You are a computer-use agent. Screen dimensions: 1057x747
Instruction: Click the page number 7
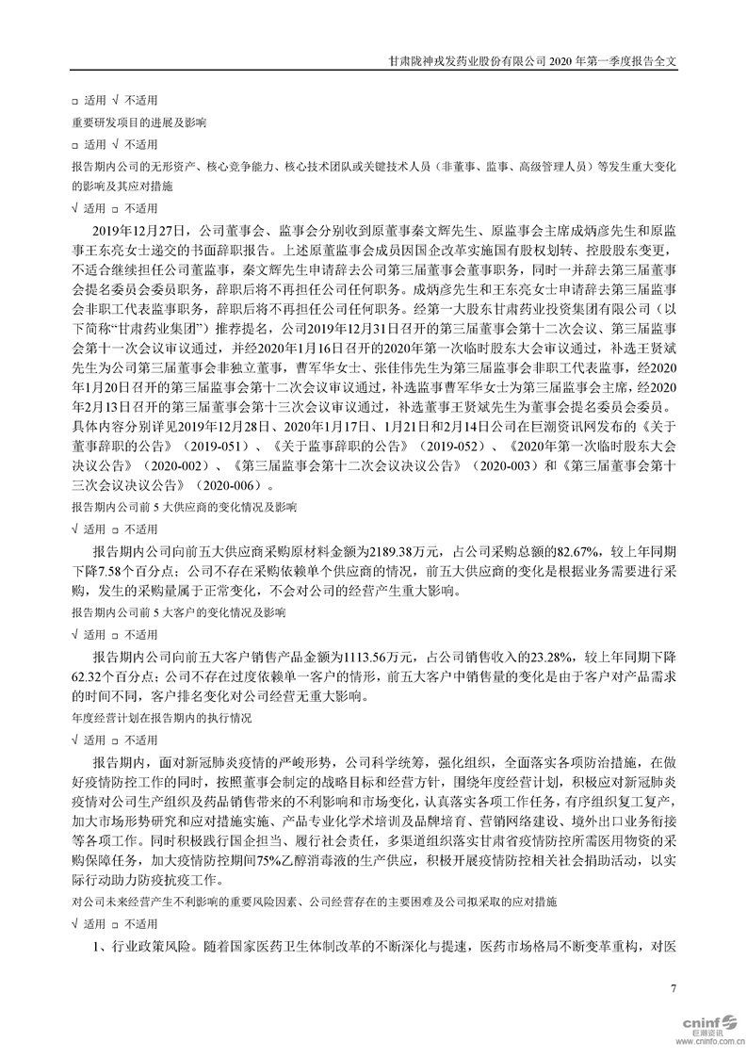673,987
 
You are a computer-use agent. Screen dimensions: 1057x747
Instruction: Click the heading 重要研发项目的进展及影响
139,122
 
